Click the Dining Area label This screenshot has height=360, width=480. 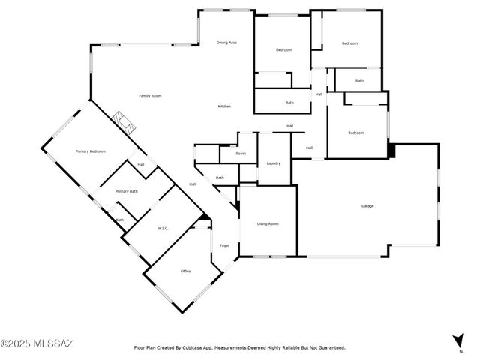coord(227,43)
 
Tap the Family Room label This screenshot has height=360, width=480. coord(150,95)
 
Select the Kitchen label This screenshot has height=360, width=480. coord(224,106)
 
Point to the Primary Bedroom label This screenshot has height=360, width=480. coord(91,151)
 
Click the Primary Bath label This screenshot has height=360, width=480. coord(126,192)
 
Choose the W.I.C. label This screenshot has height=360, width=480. coord(163,228)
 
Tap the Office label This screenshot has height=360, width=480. coord(186,271)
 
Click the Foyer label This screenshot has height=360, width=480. coord(224,246)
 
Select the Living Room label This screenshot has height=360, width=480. coord(268,223)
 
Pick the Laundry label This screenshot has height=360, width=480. coord(273,163)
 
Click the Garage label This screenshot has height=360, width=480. coord(367,206)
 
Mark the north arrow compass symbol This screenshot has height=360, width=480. coord(458,340)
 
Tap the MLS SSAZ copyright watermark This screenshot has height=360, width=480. coord(37,343)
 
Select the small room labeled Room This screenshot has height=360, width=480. coord(241,154)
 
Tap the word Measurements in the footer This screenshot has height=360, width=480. coord(229,348)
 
